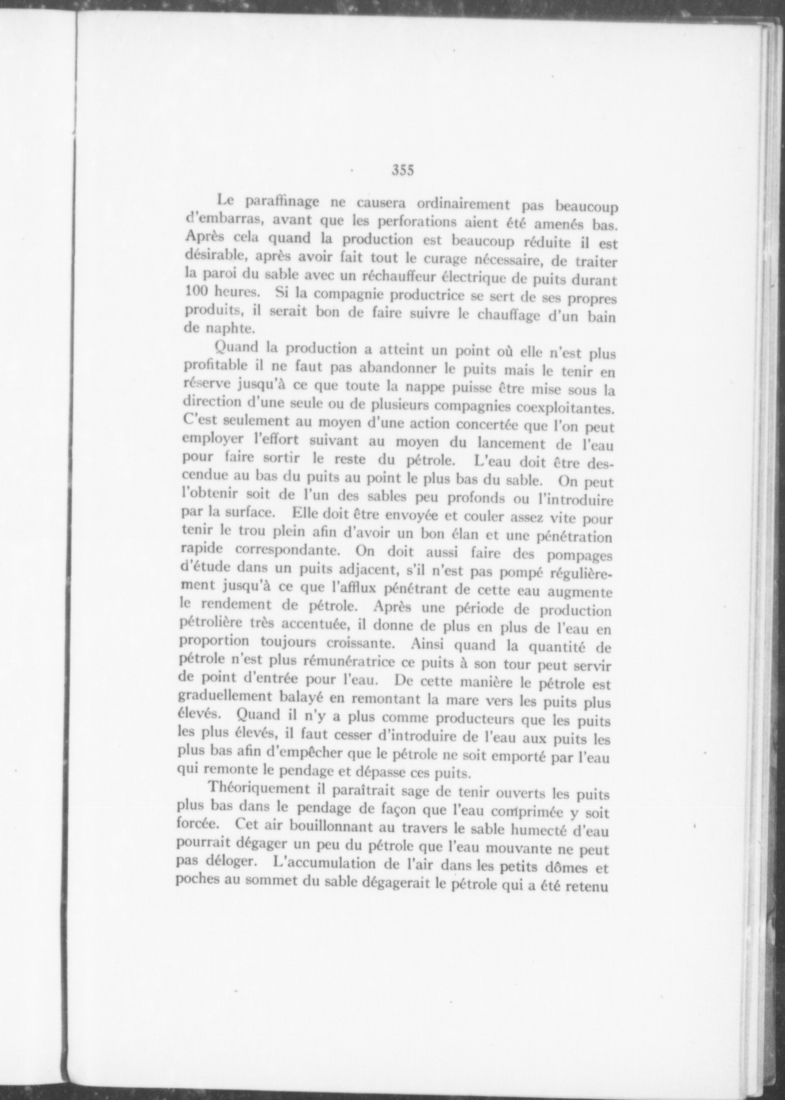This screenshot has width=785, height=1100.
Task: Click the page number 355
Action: pyautogui.click(x=403, y=170)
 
